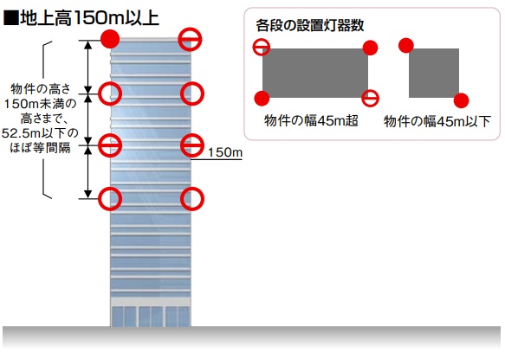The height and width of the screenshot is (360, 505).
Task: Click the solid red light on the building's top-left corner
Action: [110, 39]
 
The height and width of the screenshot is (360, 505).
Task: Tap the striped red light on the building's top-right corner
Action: [190, 39]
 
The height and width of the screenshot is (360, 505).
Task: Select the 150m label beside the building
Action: [225, 152]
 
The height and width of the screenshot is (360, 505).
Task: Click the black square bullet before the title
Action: [10, 18]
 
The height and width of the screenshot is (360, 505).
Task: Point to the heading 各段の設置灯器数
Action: [310, 25]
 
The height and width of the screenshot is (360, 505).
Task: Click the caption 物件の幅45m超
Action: [311, 121]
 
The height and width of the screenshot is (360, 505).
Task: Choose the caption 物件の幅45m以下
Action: [437, 122]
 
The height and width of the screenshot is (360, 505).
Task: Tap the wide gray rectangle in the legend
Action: [315, 73]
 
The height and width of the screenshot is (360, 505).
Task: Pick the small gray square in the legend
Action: [434, 73]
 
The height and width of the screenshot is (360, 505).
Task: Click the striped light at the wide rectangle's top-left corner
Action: [262, 47]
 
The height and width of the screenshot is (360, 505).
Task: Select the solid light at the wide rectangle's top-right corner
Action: [371, 48]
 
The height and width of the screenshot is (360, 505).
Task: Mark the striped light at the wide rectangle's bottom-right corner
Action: [370, 98]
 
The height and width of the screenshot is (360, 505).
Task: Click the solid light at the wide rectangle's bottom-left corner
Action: [262, 98]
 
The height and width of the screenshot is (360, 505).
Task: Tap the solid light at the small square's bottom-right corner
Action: [461, 100]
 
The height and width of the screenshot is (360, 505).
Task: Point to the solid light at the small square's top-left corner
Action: [405, 45]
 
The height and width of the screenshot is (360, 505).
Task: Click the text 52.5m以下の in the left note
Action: [40, 133]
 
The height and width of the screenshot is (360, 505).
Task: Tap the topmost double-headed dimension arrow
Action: [88, 67]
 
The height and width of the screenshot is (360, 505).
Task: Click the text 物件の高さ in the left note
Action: [40, 89]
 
